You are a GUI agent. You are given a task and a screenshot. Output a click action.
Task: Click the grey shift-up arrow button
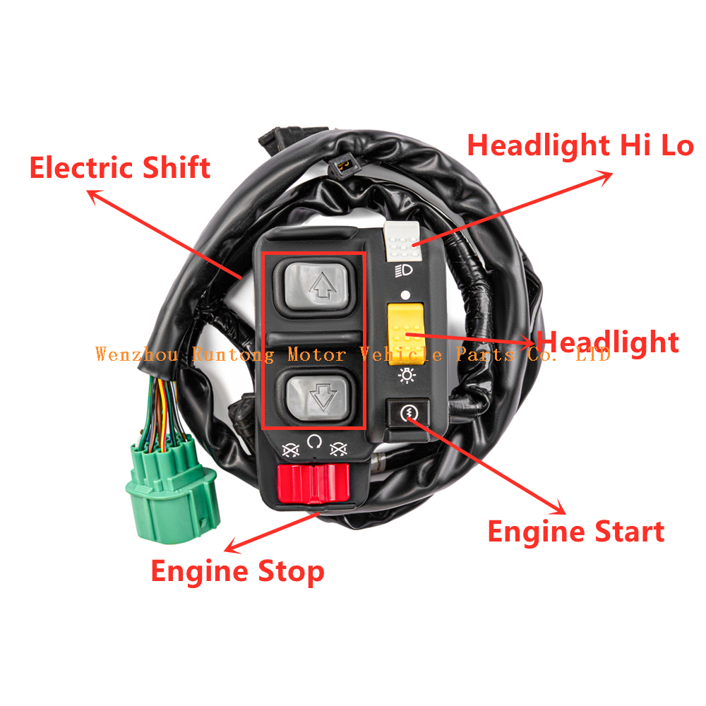pyautogui.click(x=317, y=287)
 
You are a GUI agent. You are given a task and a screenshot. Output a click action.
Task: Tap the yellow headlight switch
pyautogui.click(x=406, y=334)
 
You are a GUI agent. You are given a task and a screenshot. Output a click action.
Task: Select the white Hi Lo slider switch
pyautogui.click(x=402, y=241)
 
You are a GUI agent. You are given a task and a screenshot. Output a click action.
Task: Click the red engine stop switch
pyautogui.click(x=313, y=484)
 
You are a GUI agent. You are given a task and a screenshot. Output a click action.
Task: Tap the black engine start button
pyautogui.click(x=408, y=412)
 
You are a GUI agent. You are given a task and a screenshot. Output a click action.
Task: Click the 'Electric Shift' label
pyautogui.click(x=120, y=167)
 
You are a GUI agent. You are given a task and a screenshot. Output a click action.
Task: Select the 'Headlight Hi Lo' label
pyautogui.click(x=580, y=145)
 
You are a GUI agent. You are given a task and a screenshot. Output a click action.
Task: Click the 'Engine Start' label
pyautogui.click(x=576, y=532)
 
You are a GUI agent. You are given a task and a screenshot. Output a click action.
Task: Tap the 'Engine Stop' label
pyautogui.click(x=237, y=572)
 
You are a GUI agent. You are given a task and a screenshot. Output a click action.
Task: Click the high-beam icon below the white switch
pyautogui.click(x=404, y=271)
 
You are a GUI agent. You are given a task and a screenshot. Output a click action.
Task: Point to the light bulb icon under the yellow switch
pyautogui.click(x=407, y=375)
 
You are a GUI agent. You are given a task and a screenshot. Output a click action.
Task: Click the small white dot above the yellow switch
pyautogui.click(x=405, y=295)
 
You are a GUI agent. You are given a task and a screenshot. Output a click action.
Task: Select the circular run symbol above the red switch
pyautogui.click(x=314, y=442)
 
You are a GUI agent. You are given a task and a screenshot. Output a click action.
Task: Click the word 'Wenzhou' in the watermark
pyautogui.click(x=137, y=354)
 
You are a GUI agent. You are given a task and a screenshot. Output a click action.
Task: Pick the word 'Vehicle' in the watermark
pyautogui.click(x=401, y=354)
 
